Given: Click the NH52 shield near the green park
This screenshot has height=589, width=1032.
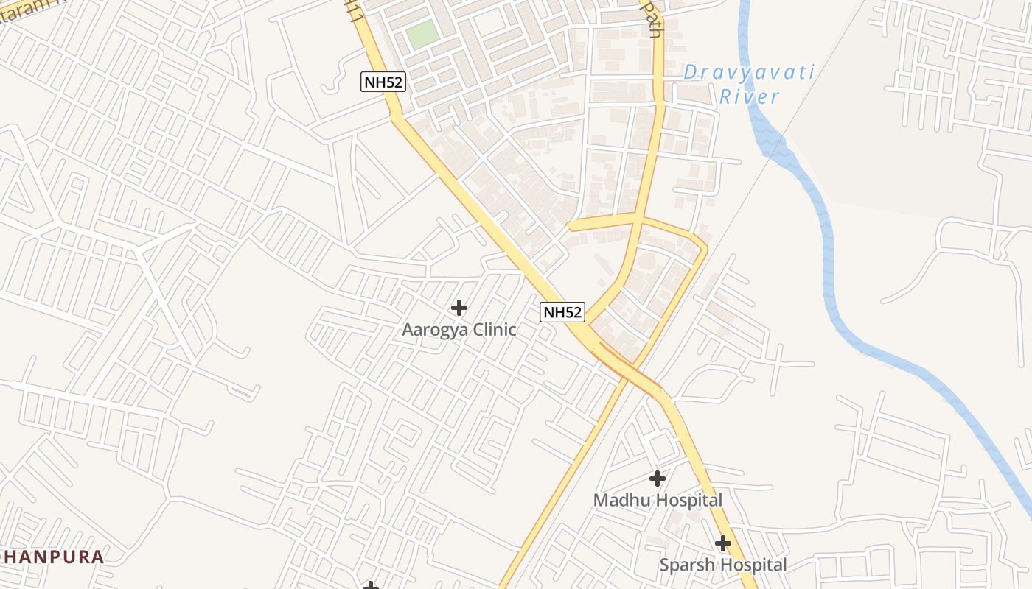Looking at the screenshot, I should [383, 82].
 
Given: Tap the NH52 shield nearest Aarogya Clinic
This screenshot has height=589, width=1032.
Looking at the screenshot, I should [562, 312].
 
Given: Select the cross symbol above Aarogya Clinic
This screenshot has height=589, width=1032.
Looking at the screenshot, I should [459, 307].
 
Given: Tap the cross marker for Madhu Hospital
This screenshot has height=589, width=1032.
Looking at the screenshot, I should [657, 479].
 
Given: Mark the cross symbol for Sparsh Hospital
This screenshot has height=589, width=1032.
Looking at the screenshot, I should [723, 543].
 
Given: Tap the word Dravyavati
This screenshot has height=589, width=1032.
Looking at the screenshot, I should [748, 72].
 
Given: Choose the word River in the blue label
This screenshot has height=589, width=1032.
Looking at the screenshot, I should [749, 96].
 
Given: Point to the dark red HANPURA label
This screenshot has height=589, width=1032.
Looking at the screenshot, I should [52, 557].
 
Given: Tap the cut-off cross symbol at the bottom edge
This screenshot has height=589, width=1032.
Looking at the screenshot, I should [371, 585].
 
